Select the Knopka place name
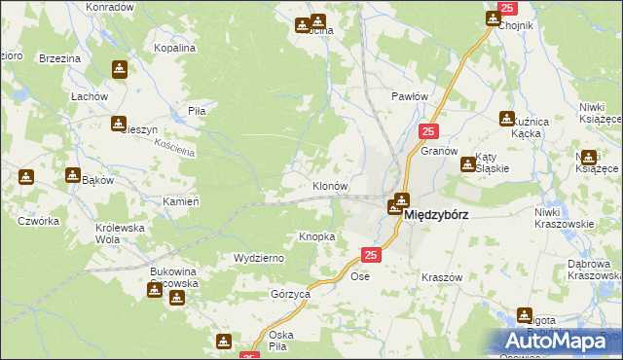click(x=317, y=236)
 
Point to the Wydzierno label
click(x=258, y=258)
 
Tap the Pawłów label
click(x=410, y=96)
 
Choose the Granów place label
click(x=439, y=152)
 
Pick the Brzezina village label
click(x=59, y=58)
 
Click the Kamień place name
click(x=181, y=200)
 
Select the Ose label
click(x=360, y=276)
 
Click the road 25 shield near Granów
click(x=428, y=131)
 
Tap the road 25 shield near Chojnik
click(x=506, y=9)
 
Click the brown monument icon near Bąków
click(x=73, y=175)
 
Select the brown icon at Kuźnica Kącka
click(x=507, y=119)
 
